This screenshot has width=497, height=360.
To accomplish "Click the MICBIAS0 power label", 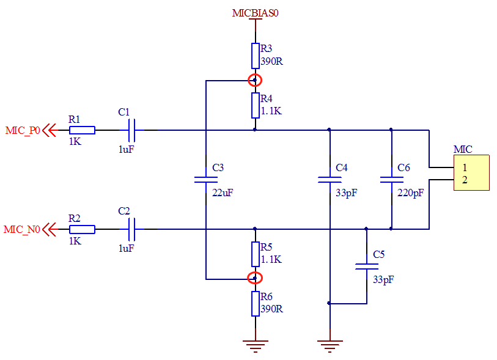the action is click(x=255, y=13).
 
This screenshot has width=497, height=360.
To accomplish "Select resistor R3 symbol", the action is click(x=256, y=56).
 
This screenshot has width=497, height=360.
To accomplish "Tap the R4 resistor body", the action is click(x=256, y=106).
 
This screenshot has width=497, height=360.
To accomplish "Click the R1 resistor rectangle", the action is click(x=82, y=130).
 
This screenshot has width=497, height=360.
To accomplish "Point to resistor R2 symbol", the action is click(x=82, y=229).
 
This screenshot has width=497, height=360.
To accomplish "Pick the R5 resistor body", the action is click(x=256, y=254).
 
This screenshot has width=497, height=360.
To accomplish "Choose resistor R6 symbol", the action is click(x=256, y=304).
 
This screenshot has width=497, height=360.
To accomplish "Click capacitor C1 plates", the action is click(x=131, y=130).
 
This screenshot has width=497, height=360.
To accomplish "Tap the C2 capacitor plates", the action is click(x=131, y=229).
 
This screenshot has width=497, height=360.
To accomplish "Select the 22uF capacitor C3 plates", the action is click(x=206, y=180).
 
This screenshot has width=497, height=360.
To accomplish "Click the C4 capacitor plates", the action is click(x=329, y=180).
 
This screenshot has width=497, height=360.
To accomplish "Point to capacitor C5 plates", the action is click(x=367, y=266).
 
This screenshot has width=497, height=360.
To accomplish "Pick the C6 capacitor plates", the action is click(x=392, y=180).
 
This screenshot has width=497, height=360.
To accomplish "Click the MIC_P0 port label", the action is click(x=23, y=131).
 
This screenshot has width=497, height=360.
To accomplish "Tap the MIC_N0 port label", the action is click(x=22, y=229).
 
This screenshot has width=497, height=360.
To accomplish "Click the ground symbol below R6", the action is click(x=256, y=346).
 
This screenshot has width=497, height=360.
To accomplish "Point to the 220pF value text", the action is click(x=410, y=193).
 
